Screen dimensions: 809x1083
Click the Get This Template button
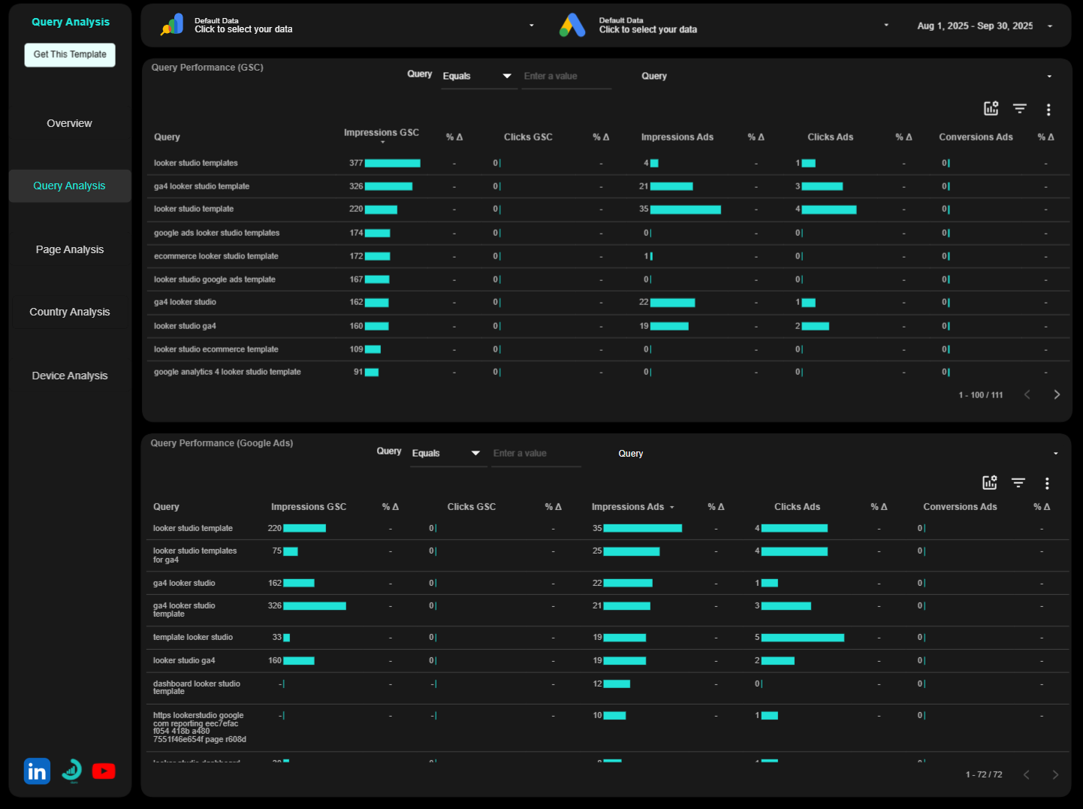tap(70, 55)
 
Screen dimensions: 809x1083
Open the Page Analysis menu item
tap(70, 249)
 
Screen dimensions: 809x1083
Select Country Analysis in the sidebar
tap(70, 312)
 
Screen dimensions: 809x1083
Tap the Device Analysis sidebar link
tap(70, 376)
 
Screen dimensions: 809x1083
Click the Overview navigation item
tap(70, 123)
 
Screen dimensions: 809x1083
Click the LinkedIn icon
tap(37, 771)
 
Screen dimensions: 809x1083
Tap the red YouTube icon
tap(104, 771)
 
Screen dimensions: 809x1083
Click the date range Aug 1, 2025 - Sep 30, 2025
tap(975, 26)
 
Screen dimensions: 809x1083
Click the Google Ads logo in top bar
tap(572, 26)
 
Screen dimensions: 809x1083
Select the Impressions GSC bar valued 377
tap(392, 163)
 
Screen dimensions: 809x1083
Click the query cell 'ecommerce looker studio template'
tap(216, 256)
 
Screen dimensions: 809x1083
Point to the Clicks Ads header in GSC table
tap(830, 137)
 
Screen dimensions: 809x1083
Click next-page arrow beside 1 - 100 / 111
tap(1057, 395)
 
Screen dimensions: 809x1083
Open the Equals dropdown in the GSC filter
tap(478, 77)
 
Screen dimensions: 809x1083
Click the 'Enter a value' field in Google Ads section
tap(535, 454)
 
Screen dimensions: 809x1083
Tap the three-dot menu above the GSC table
tap(1048, 110)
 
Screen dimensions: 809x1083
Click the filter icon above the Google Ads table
tap(1018, 483)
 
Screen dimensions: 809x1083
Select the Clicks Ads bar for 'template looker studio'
tap(802, 638)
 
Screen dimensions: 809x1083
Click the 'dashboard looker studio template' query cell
tap(197, 687)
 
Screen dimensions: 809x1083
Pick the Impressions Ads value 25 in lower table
tap(597, 551)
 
